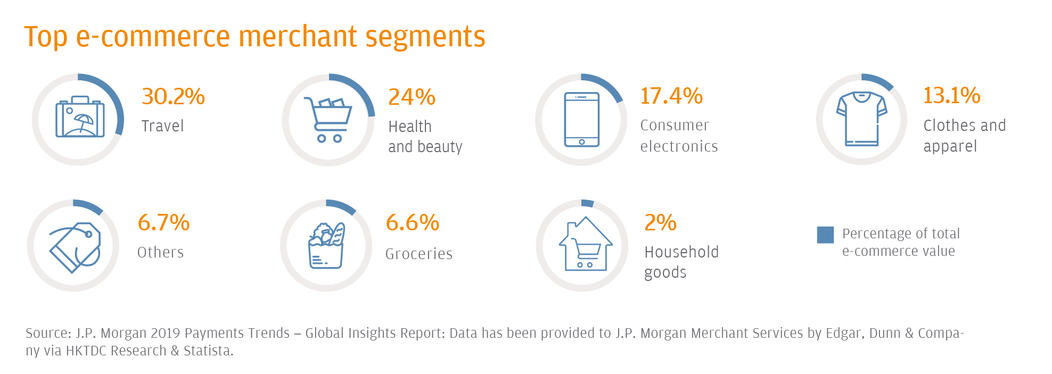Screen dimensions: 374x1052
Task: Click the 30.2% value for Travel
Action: (173, 97)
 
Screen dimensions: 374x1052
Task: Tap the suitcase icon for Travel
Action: (80, 118)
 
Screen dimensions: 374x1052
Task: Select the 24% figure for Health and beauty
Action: (412, 97)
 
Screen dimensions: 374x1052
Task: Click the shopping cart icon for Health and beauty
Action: (328, 120)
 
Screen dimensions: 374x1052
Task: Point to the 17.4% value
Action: (671, 96)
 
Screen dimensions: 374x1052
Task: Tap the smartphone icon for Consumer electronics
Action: (581, 120)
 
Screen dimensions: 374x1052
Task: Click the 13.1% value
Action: (951, 96)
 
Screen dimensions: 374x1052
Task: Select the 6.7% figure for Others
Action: (163, 222)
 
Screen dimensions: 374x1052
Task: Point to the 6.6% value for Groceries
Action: (412, 222)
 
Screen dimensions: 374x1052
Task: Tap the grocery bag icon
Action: (326, 246)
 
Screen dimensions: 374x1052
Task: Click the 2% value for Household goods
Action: (660, 222)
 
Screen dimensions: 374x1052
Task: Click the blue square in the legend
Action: (825, 235)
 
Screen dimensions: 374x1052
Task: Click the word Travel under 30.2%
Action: (162, 126)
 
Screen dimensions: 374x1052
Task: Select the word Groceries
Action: (419, 254)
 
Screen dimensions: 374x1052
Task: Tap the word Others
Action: (160, 252)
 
